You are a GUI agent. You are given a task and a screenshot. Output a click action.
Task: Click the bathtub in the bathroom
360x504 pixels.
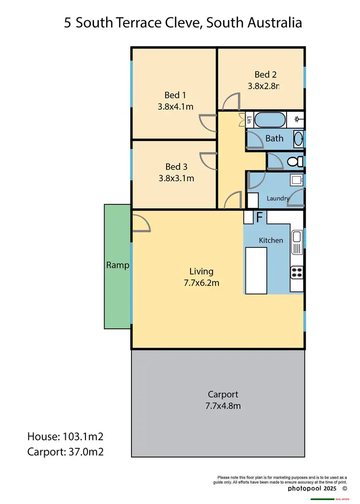click(x=269, y=120)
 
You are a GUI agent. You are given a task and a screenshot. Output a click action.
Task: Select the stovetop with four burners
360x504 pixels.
click(x=297, y=272)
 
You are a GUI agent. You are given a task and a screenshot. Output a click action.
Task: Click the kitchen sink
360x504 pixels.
click(x=297, y=236)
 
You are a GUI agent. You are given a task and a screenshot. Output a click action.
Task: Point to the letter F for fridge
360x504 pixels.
click(x=259, y=217)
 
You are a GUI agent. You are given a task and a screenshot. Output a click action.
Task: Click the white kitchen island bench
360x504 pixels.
click(x=256, y=270)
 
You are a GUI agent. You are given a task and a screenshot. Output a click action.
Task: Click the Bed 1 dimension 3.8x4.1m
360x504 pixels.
click(x=175, y=107)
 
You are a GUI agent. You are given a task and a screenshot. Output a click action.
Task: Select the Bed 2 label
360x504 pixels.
click(x=265, y=74)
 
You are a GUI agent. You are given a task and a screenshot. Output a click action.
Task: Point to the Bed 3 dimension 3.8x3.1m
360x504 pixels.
click(x=176, y=178)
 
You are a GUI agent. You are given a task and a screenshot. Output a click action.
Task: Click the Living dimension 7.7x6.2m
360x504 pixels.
click(x=201, y=283)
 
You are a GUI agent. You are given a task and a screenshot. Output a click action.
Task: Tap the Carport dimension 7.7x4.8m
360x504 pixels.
click(x=223, y=406)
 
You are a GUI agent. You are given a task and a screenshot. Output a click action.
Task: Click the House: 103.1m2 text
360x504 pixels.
click(x=66, y=436)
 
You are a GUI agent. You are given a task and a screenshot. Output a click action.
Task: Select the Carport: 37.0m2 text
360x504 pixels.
click(x=66, y=451)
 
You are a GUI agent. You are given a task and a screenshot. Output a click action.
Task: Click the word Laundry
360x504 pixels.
click(x=278, y=198)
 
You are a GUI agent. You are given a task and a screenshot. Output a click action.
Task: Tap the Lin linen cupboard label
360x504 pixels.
click(x=249, y=120)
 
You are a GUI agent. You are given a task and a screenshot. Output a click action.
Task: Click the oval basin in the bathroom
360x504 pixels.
click(x=298, y=138)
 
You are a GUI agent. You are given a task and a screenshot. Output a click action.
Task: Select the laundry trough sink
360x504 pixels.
click(x=296, y=180)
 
